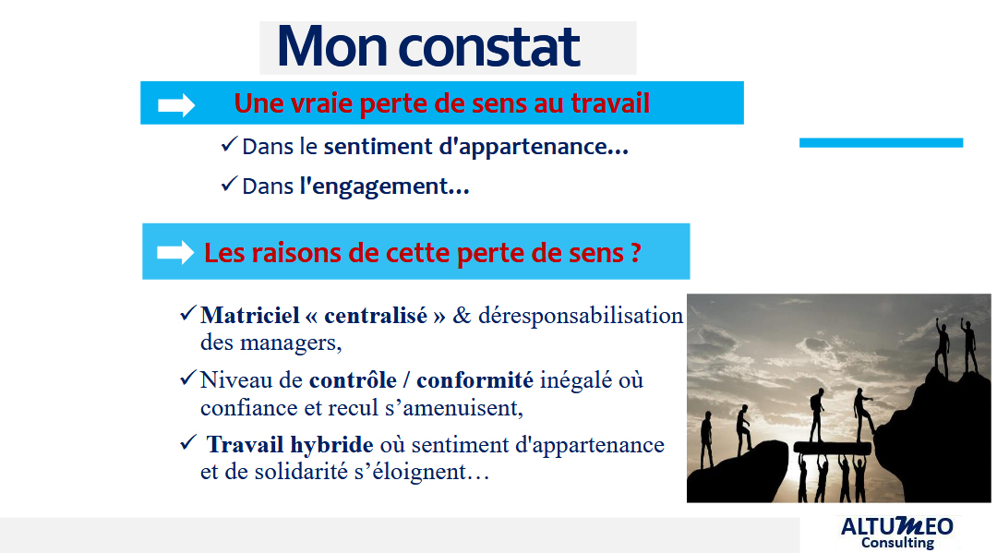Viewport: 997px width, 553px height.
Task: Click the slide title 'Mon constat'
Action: (428, 46)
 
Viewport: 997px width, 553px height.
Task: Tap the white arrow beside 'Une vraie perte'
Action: (176, 105)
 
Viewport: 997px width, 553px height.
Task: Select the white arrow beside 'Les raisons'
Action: (175, 252)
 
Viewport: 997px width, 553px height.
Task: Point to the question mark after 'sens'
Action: (635, 253)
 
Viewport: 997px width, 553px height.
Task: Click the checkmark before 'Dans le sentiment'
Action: (229, 144)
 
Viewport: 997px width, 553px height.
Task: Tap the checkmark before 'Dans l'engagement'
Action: (229, 185)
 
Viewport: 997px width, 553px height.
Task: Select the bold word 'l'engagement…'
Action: (385, 186)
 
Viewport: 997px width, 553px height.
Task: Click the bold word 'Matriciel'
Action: (250, 315)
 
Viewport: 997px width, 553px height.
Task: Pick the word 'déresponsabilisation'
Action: (581, 315)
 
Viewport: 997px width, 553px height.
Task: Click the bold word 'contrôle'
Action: (353, 380)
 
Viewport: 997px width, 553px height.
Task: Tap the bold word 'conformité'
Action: (475, 380)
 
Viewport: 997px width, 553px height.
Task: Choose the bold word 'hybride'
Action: (331, 445)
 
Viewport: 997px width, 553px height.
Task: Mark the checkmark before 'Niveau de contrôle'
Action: (188, 379)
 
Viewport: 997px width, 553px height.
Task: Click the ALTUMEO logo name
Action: (897, 526)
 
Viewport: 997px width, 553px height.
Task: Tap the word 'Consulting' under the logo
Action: (898, 543)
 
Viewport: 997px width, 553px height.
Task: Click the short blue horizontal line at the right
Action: (882, 143)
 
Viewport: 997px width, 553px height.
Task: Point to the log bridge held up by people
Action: (833, 447)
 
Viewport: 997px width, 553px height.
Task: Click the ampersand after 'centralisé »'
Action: (462, 315)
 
